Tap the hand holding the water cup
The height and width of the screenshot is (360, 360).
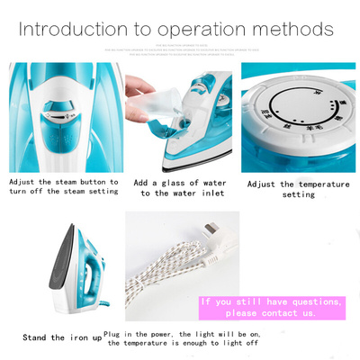(x=137, y=87)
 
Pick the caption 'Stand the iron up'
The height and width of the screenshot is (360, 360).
(x=61, y=337)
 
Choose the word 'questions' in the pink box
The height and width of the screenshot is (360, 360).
(x=310, y=301)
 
